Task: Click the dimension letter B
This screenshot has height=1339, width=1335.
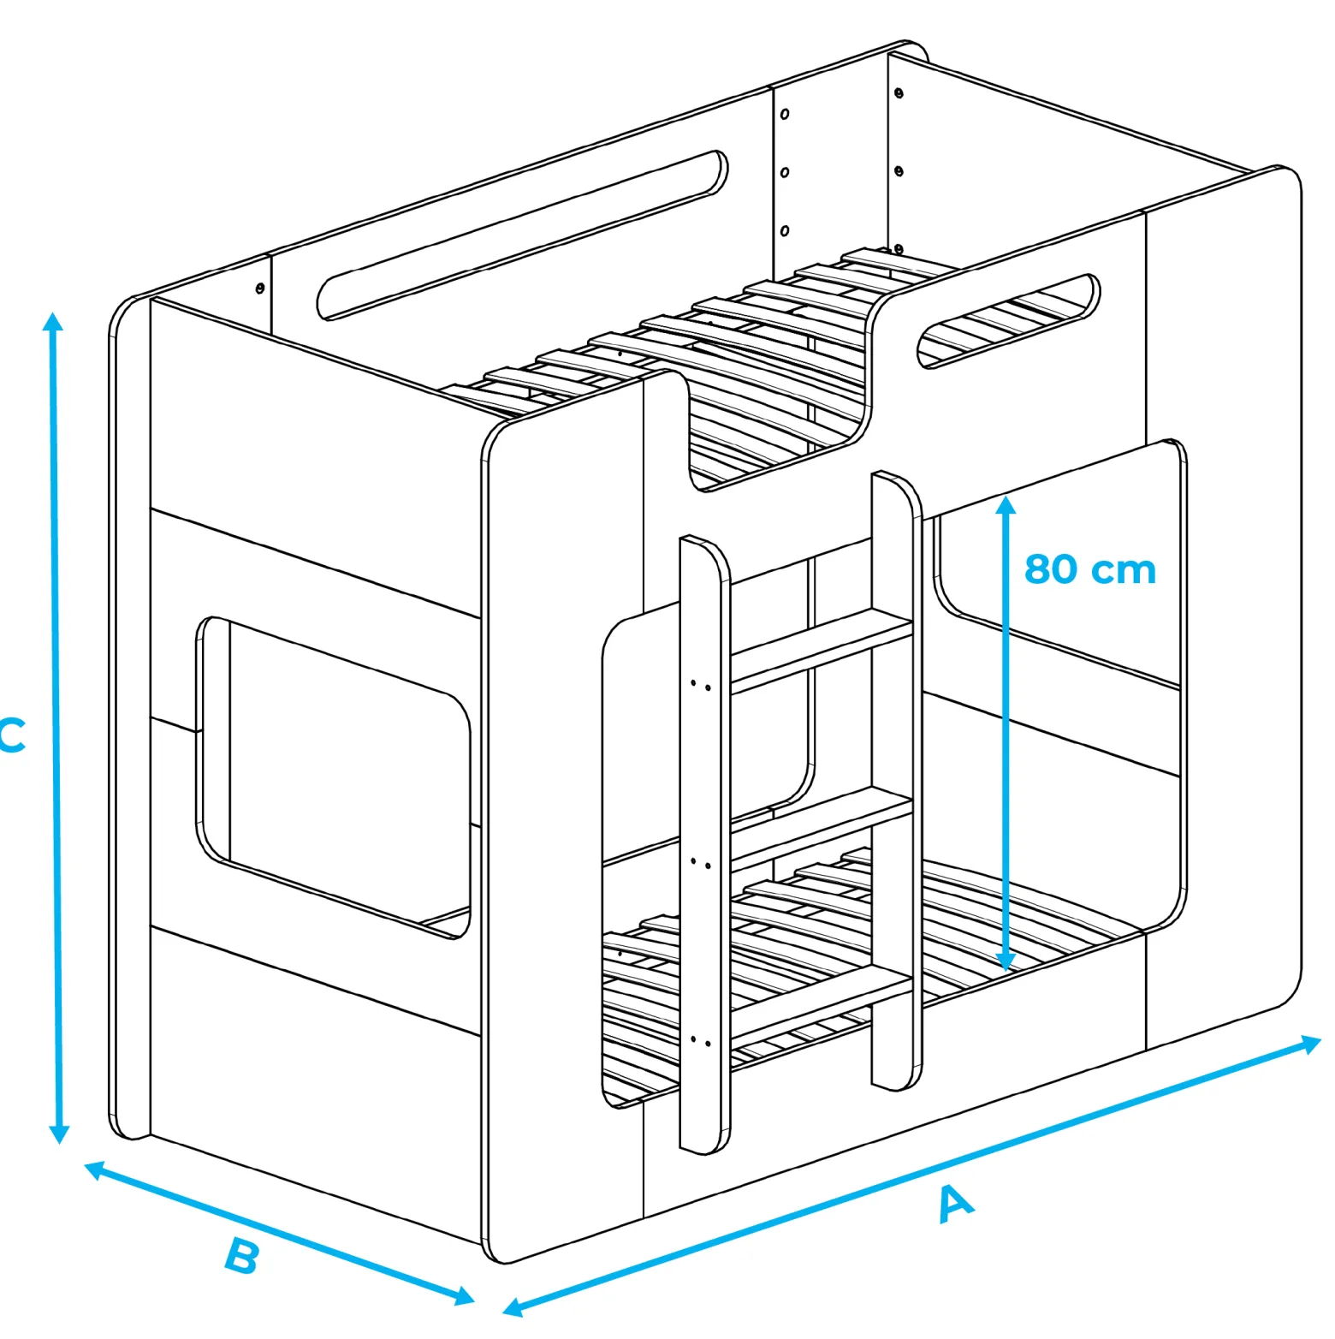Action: pos(241,1256)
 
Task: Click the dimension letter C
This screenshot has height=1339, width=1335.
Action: pos(12,735)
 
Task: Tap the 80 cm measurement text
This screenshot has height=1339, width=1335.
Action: pos(1089,569)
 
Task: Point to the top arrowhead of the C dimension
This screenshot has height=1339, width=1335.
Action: pos(53,321)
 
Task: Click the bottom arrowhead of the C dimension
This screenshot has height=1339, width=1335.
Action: pos(59,1134)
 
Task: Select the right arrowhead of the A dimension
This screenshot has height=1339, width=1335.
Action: pos(1312,1044)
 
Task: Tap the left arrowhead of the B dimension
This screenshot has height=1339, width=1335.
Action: pos(94,1170)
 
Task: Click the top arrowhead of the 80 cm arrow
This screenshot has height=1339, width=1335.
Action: pos(1006,504)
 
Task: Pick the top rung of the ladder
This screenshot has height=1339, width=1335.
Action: pos(820,650)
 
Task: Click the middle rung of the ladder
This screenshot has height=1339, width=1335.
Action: pos(820,828)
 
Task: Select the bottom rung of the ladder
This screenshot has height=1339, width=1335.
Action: pos(820,1006)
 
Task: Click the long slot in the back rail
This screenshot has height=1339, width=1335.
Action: pos(522,235)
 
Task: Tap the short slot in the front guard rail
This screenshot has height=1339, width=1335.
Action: pos(1008,322)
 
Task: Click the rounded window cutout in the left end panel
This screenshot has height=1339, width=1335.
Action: pos(334,777)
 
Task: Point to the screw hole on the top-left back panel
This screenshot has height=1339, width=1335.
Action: pos(260,289)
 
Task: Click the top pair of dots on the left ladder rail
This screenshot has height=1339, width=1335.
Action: pos(701,685)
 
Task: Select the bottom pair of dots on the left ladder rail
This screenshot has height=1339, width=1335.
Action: pos(701,1042)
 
